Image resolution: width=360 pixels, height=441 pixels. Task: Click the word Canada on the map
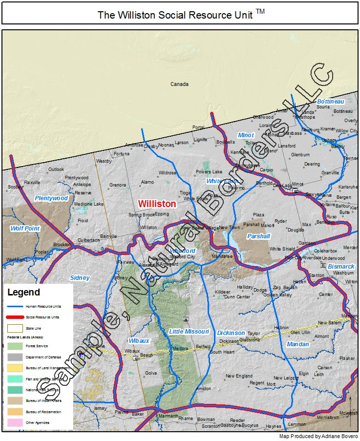179,84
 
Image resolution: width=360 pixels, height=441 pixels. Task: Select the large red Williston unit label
157,204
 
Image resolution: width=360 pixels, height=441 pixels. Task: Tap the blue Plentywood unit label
51,198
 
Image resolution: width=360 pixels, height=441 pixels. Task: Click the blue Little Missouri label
189,332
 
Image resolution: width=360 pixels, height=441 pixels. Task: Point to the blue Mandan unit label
297,344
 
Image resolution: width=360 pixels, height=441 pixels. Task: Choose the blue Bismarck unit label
341,267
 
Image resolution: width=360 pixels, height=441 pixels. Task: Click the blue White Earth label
222,181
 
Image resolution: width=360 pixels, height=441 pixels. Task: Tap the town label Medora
180,349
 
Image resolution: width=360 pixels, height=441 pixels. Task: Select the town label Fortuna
122,154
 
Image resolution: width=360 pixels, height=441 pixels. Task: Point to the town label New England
239,376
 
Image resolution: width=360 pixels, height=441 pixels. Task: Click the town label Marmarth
169,416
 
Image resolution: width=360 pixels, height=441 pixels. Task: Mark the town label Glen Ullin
300,332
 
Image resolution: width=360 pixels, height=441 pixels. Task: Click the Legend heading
23,293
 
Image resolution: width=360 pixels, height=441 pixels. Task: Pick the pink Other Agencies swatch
17,422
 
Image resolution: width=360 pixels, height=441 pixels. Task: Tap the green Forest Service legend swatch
17,346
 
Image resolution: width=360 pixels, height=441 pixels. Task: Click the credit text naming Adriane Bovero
318,436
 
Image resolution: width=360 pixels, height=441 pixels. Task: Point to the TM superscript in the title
260,12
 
